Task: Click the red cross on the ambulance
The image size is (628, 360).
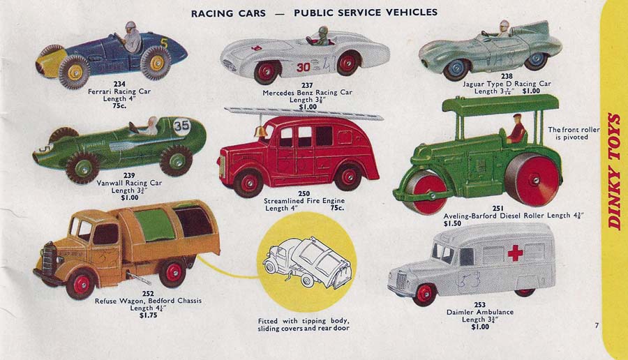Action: point(515,252)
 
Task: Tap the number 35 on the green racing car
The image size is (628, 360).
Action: point(182,126)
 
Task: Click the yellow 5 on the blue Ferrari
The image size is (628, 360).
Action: point(164,43)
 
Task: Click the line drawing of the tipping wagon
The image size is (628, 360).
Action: point(308,262)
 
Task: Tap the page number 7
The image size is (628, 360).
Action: point(597,325)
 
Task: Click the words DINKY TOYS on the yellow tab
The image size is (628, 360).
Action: point(615,171)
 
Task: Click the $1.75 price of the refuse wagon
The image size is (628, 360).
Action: point(149,315)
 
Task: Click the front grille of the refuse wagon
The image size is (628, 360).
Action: point(47,259)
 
